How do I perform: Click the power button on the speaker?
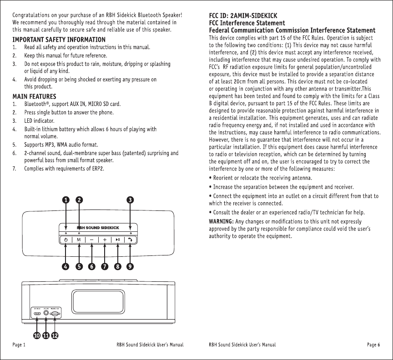pos(66,240)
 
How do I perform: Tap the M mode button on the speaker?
pos(79,240)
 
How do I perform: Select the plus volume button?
pos(105,240)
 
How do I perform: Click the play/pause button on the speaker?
pos(118,240)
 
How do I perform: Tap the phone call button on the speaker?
pos(131,240)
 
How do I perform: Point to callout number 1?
pos(66,200)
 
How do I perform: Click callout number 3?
pos(131,200)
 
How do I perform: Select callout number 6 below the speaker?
pos(92,267)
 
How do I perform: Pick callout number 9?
pos(131,267)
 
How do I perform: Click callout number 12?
pos(55,336)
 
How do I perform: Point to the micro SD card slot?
pos(55,313)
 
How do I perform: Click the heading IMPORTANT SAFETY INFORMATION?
pos(59,40)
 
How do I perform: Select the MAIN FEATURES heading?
pos(35,96)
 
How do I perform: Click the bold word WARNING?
pos(221,221)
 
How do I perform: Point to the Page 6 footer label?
pos(373,345)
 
